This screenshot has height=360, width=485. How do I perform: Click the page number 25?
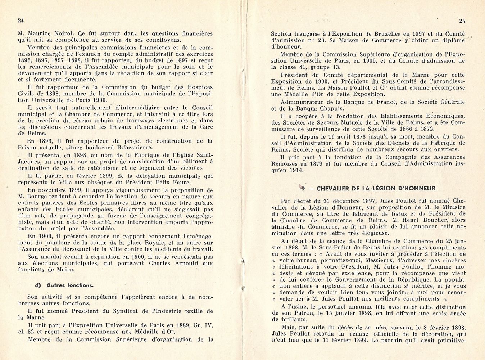click(x=462, y=21)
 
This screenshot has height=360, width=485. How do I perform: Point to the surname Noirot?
click(x=59, y=33)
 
